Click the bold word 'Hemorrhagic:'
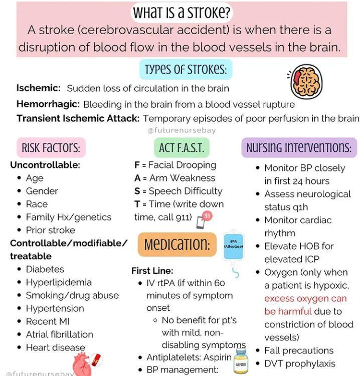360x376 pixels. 48,105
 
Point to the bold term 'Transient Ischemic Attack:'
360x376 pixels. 78,119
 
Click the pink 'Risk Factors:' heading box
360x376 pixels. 51,147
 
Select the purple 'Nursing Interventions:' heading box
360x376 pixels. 298,147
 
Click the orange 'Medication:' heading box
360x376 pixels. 176,244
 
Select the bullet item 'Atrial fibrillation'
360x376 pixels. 59,334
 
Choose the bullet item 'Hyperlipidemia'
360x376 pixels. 59,282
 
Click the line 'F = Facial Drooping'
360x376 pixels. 174,165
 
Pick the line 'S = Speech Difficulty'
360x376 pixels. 178,191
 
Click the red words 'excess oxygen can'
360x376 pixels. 305,298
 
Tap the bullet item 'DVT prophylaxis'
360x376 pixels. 300,363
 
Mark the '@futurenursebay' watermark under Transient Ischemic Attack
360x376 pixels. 182,130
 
